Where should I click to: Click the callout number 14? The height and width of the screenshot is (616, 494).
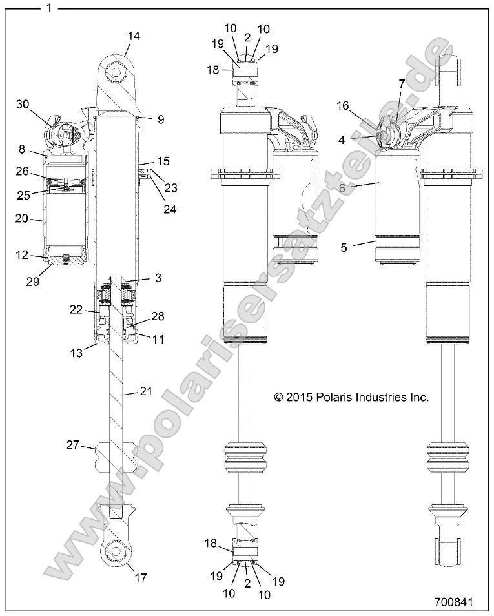click(x=132, y=37)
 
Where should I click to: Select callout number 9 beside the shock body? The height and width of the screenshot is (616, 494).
click(x=161, y=119)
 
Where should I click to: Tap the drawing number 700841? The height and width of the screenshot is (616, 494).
click(x=454, y=602)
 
